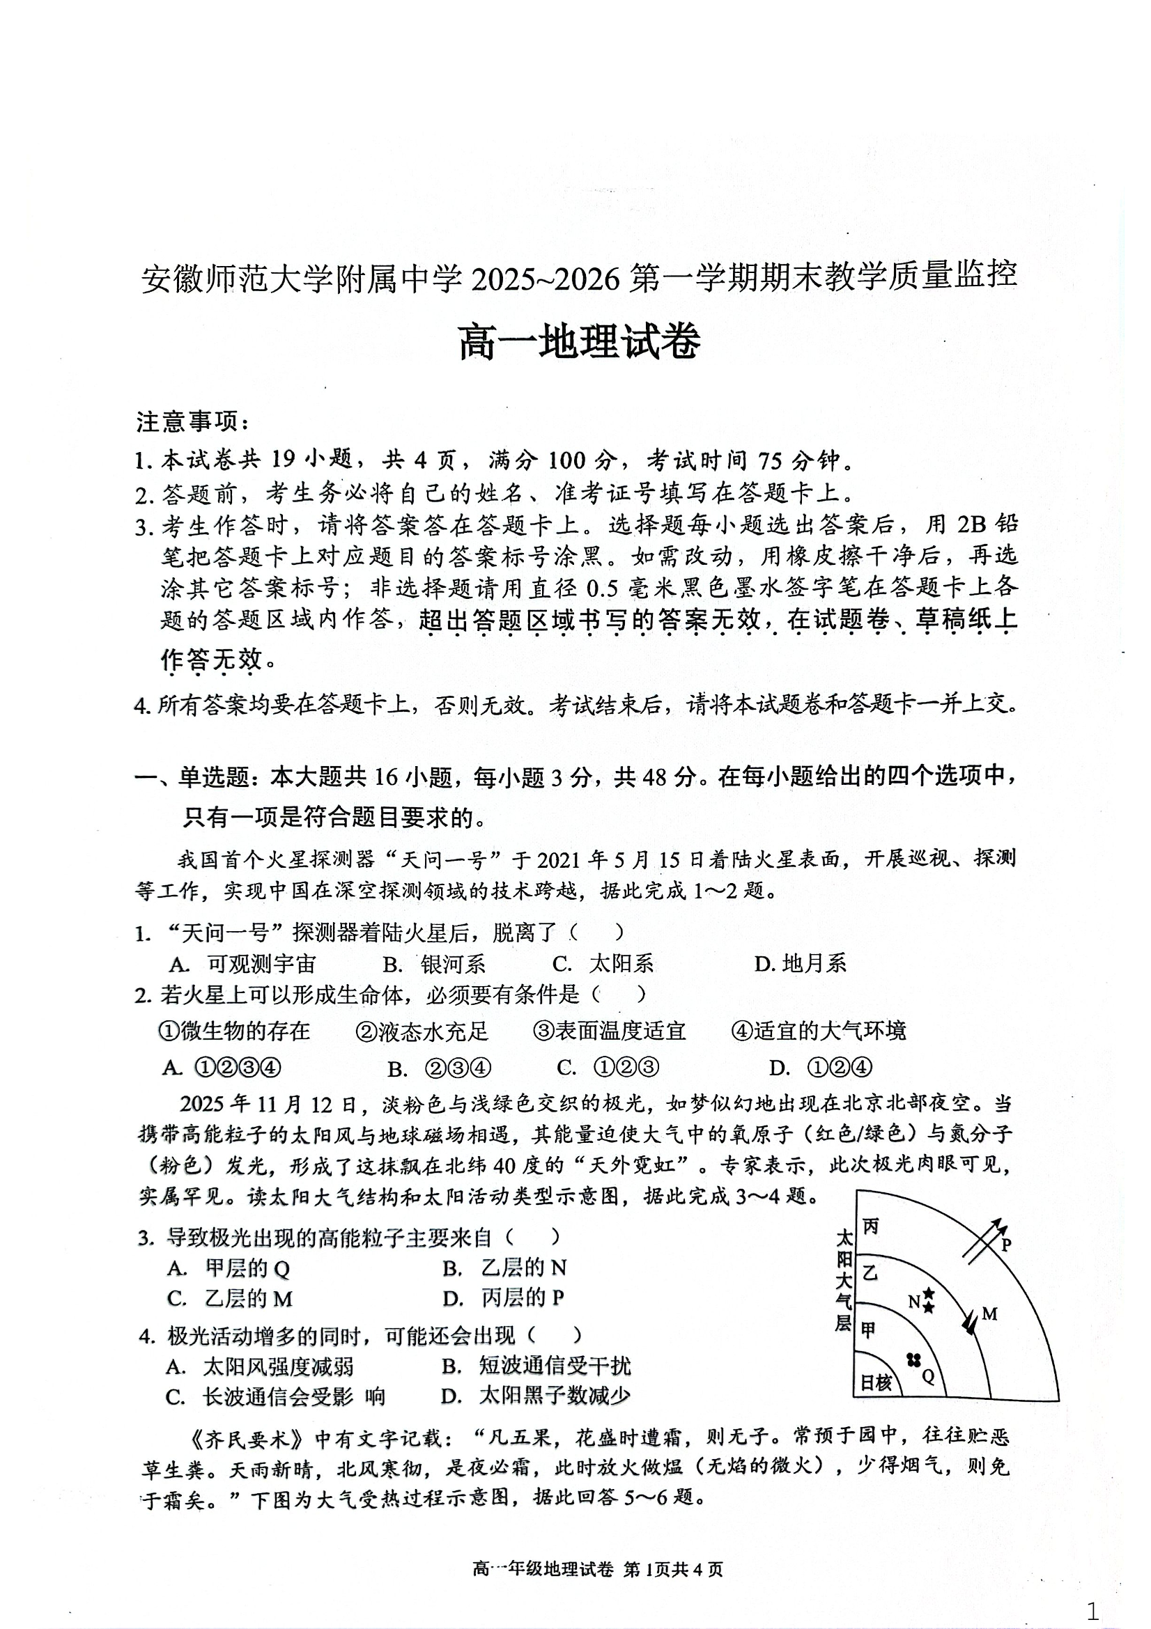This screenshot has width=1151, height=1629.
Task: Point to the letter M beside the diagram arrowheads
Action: coord(990,1315)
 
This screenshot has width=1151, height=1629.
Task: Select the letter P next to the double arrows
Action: coord(1005,1245)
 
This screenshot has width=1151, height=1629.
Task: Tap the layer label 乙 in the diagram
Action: coord(870,1273)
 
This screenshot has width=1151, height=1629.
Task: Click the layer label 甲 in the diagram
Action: coord(869,1330)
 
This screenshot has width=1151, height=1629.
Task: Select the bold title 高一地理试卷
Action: coord(579,342)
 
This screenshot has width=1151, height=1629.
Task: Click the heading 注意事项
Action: coord(192,422)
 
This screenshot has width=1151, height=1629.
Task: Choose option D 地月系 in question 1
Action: coord(800,963)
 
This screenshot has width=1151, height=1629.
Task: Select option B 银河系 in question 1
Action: coord(434,963)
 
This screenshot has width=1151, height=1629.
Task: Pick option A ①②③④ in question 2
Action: coord(222,1068)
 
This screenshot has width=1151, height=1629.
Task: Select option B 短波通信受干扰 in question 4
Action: coord(536,1366)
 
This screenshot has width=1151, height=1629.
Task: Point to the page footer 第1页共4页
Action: coord(671,1569)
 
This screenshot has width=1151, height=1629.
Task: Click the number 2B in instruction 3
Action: coord(971,524)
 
